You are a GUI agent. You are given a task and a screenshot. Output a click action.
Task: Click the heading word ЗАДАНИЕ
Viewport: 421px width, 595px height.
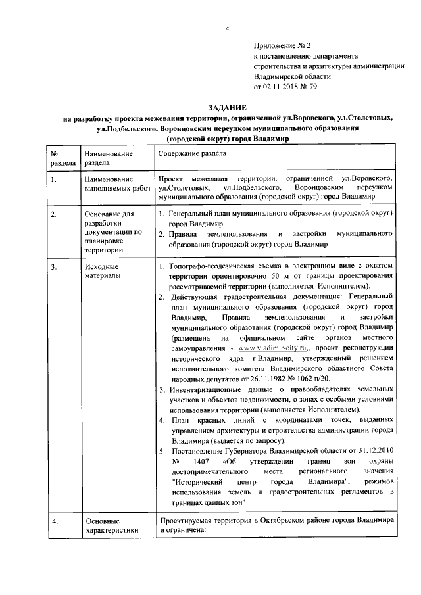227,107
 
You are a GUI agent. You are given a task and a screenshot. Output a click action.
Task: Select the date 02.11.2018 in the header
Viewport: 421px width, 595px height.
284,86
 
